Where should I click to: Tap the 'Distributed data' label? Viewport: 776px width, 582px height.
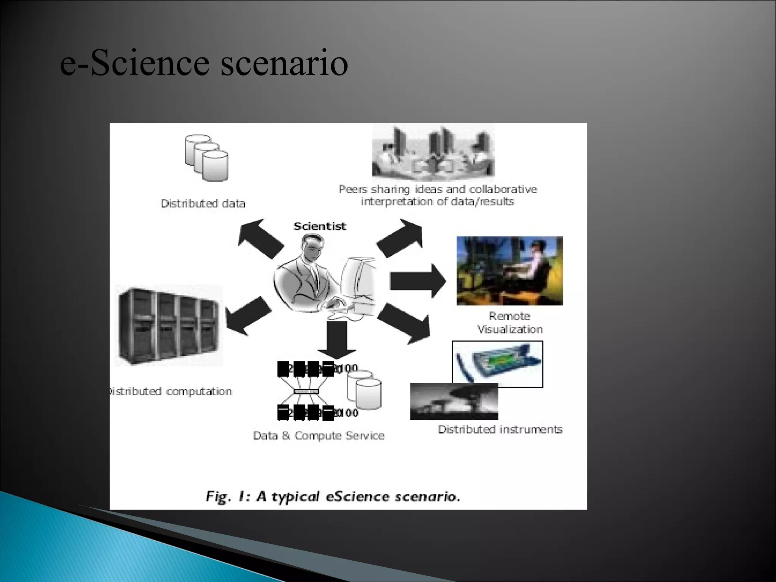point(203,203)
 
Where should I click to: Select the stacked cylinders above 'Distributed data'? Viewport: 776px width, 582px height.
point(207,157)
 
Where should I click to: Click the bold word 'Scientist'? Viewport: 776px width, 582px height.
point(319,226)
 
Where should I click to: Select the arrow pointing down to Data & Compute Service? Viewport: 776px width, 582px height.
point(336,339)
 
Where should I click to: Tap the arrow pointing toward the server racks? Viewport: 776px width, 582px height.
point(248,316)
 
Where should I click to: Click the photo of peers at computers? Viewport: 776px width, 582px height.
point(433,152)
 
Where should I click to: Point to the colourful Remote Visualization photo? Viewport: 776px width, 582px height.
point(510,271)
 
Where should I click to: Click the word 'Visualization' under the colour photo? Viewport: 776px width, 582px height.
point(510,330)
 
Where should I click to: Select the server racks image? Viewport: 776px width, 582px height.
point(169,326)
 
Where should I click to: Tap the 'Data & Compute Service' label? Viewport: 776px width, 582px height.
point(319,436)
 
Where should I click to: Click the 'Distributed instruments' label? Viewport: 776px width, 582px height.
point(500,429)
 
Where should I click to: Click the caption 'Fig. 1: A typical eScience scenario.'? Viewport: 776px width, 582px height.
point(333,496)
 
